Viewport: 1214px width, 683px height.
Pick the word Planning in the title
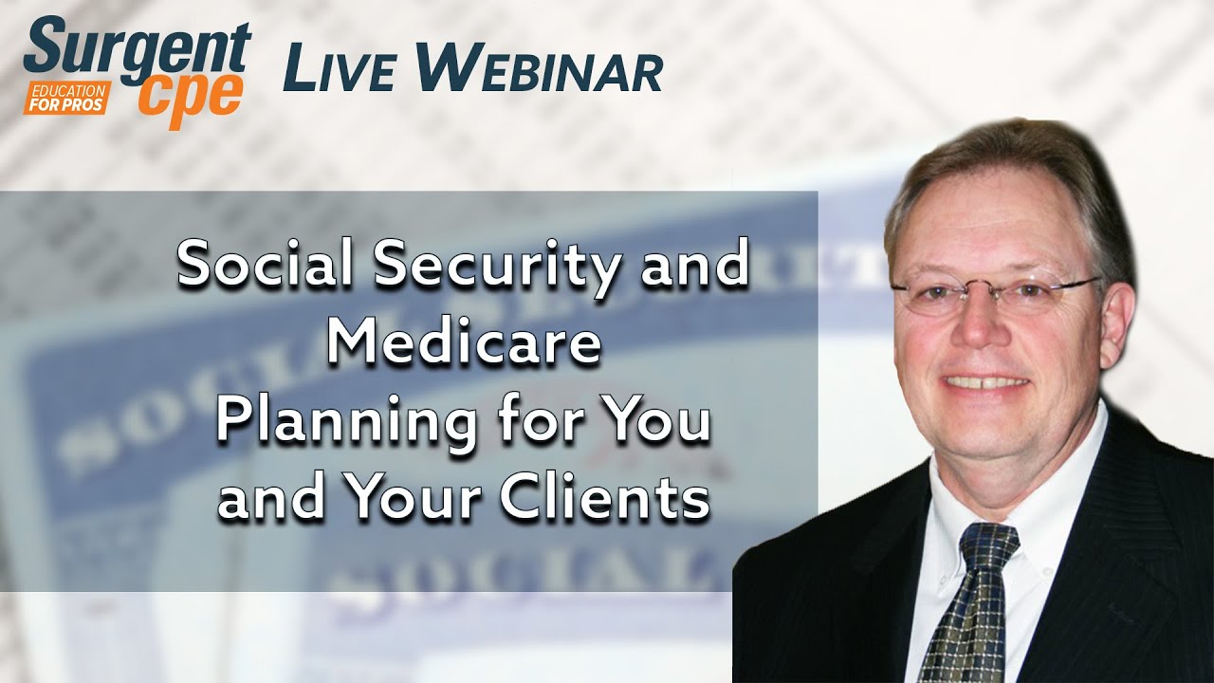coord(345,422)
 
